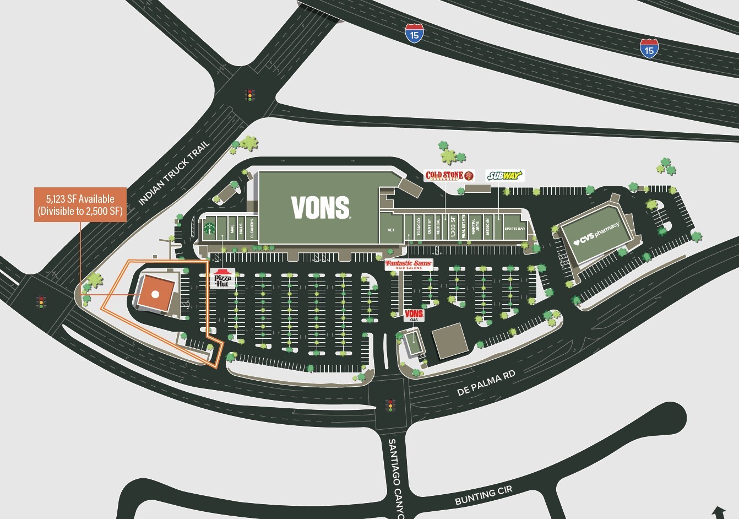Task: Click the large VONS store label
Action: (320, 208)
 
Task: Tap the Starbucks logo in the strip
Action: (209, 228)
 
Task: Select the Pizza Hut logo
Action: (222, 279)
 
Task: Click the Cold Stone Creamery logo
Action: (449, 176)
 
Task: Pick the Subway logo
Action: (504, 176)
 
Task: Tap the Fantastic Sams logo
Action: (409, 264)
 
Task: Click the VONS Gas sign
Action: (414, 315)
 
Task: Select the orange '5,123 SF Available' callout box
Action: (80, 205)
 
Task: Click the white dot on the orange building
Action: (155, 294)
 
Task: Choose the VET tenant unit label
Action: (391, 230)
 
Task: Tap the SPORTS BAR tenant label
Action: (514, 229)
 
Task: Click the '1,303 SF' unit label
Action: (453, 226)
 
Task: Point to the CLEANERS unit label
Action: (252, 228)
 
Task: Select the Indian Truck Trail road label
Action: (174, 173)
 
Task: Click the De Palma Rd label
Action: (486, 383)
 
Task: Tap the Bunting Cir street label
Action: (483, 495)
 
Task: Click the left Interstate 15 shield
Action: (414, 34)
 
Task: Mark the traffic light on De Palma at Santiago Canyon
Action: (391, 405)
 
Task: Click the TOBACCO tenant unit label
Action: (419, 226)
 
